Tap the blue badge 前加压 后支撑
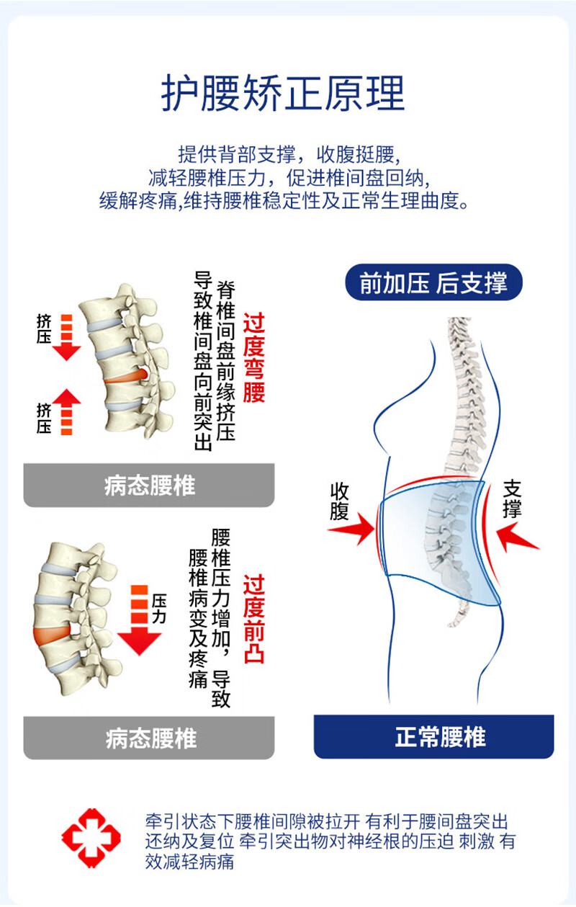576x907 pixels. coord(433,282)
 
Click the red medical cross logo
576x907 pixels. coord(91,836)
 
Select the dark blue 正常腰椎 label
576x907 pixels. coord(433,737)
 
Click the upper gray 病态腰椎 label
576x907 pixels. coord(149,485)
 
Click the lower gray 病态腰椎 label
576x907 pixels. coord(149,737)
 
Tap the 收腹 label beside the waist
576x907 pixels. coord(340,501)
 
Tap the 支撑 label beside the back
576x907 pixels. coord(512,499)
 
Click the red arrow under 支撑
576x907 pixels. coord(517,537)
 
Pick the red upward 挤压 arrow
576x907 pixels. coord(66,410)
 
